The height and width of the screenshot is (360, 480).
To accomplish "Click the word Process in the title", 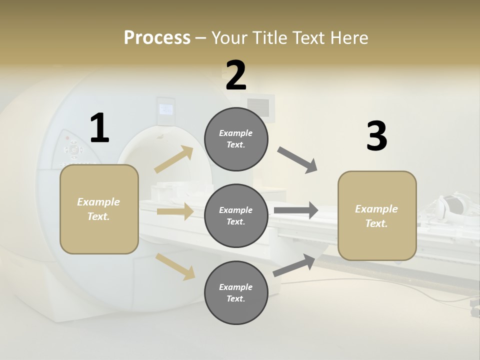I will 157,37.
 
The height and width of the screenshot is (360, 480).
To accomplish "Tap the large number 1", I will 99,128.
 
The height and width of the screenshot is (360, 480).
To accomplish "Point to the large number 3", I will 376,136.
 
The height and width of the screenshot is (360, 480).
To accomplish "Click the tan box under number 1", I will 99,209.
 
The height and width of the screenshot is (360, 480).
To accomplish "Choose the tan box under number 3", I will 377,216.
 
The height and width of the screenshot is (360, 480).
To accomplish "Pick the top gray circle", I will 236,139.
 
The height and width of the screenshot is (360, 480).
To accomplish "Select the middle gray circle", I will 236,216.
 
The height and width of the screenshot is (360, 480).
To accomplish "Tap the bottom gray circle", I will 236,293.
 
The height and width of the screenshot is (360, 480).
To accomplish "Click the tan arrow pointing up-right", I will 174,159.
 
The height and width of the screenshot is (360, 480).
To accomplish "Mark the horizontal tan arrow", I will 174,211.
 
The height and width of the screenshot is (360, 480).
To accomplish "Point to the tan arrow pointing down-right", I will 175,266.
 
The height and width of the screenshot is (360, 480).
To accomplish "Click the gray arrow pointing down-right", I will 297,160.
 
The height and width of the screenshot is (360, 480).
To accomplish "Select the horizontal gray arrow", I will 295,210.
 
